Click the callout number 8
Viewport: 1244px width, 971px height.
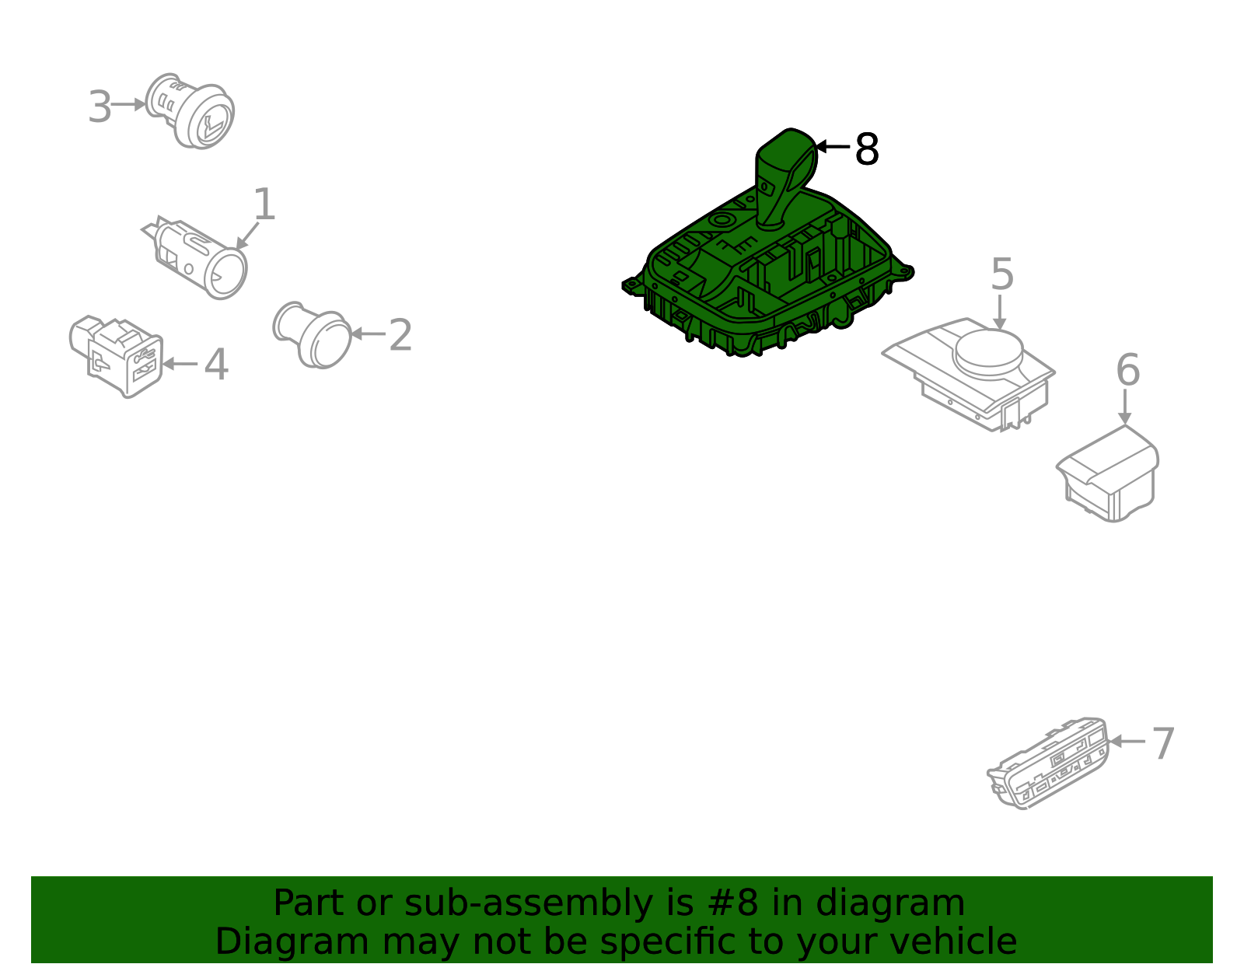click(866, 149)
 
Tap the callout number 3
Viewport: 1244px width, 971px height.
click(100, 107)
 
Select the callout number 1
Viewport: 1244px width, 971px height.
click(264, 204)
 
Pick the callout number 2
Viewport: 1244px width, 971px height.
click(400, 335)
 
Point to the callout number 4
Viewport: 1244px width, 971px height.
click(216, 365)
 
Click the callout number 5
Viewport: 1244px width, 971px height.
click(1002, 274)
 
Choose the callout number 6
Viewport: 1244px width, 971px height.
click(1128, 369)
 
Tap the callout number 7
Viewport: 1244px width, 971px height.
click(1162, 744)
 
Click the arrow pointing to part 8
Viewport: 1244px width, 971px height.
click(833, 147)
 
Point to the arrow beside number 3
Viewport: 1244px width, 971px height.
click(128, 105)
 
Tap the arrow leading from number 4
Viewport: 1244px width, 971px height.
click(180, 364)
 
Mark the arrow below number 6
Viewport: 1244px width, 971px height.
click(1125, 407)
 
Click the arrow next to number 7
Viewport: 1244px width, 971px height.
click(1127, 742)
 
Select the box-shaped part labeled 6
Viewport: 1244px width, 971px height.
click(1108, 474)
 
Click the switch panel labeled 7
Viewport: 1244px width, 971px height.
click(1047, 763)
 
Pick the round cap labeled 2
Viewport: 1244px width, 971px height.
click(313, 335)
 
